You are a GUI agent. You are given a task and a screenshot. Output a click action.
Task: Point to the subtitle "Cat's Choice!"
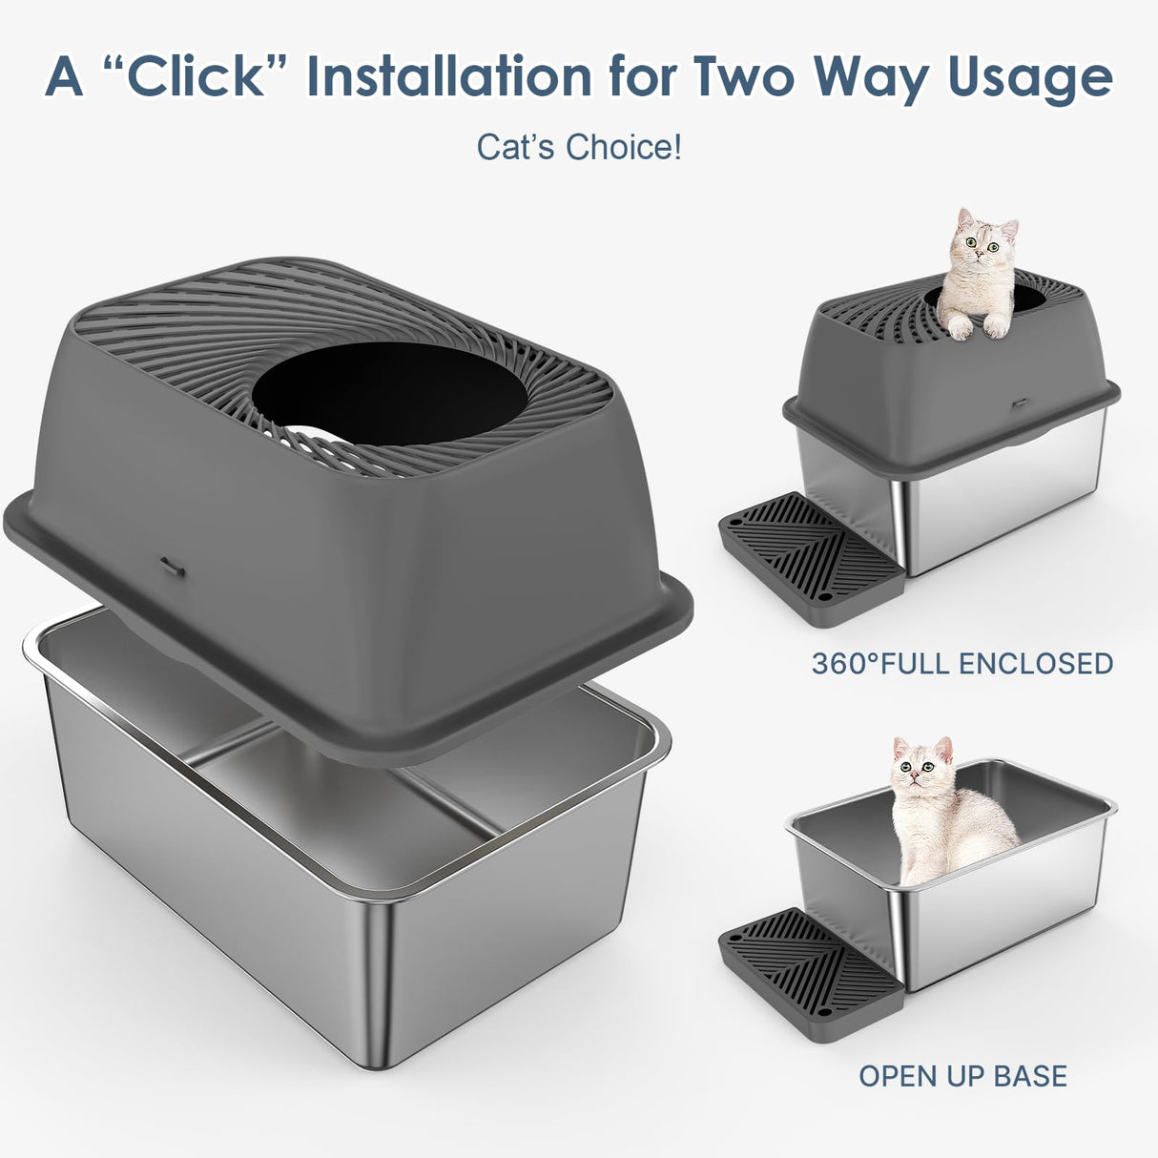click(x=579, y=148)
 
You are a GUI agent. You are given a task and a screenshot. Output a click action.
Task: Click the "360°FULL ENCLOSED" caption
click(x=962, y=664)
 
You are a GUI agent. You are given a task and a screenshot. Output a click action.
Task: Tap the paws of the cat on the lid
click(x=975, y=327)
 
